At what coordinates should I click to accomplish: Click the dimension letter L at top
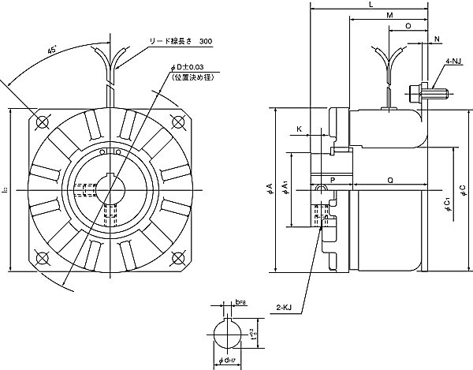click(x=371, y=6)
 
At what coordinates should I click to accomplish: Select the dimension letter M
click(x=390, y=16)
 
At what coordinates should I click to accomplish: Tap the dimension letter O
click(x=408, y=26)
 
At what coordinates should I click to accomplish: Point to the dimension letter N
click(x=437, y=39)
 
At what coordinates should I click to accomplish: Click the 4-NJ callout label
click(x=454, y=59)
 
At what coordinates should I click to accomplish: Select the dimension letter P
click(x=333, y=181)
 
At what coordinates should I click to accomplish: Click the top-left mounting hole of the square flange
click(x=43, y=120)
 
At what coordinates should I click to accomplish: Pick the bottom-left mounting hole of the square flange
click(x=43, y=256)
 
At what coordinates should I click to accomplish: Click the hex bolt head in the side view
click(x=415, y=95)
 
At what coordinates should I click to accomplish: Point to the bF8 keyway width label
click(x=240, y=301)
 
